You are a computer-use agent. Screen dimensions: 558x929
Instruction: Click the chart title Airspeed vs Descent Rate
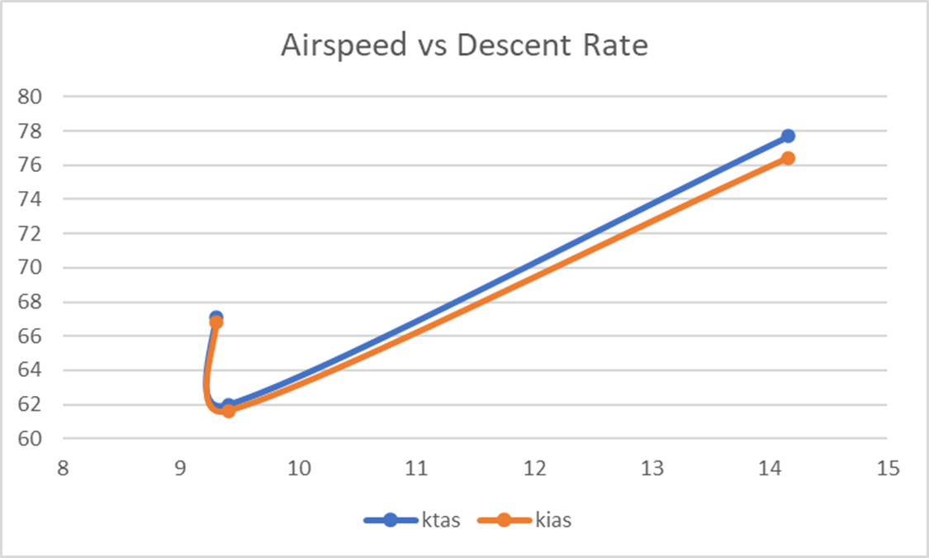click(464, 45)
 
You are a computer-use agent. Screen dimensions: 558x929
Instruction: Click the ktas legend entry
click(411, 520)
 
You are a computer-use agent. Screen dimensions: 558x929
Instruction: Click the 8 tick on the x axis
click(63, 468)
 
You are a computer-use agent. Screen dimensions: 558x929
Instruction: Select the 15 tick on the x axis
click(888, 468)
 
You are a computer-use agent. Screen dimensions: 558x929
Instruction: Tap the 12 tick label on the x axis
click(534, 468)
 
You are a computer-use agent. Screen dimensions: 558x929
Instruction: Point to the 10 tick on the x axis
click(298, 468)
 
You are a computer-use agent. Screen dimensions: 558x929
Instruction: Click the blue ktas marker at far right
click(788, 136)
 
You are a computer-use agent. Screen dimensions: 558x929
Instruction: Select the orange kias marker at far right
click(788, 158)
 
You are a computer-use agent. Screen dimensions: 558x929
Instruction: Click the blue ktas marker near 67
click(216, 317)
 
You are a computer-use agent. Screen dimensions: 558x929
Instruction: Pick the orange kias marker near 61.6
click(229, 411)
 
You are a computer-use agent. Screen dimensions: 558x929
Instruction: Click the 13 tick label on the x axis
click(652, 468)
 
